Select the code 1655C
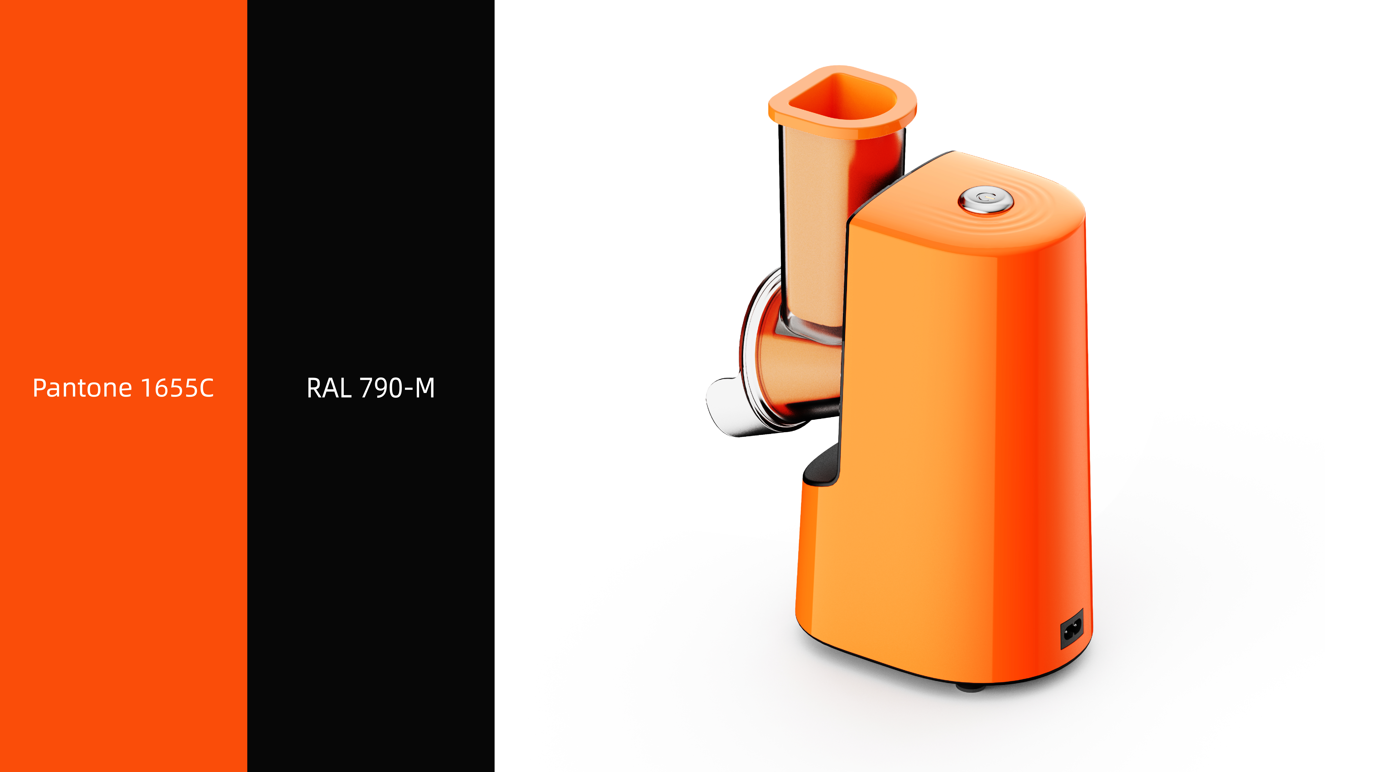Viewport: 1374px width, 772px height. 177,388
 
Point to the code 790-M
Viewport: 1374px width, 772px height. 397,388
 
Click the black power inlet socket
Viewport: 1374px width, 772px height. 1072,630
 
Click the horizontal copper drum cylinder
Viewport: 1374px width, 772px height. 800,368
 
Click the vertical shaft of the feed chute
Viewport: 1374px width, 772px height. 816,224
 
